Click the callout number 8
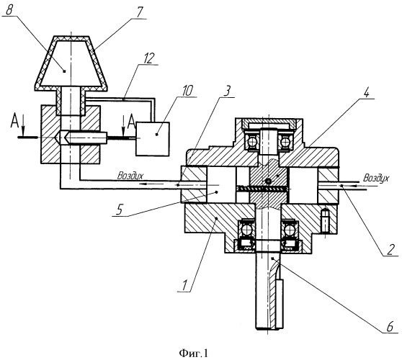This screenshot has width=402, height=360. click(x=9, y=10)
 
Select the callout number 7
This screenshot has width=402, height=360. click(x=139, y=12)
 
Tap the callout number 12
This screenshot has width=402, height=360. click(x=148, y=58)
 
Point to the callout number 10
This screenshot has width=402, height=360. click(x=188, y=91)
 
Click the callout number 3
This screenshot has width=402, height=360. click(x=227, y=91)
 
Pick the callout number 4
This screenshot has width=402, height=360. click(x=367, y=92)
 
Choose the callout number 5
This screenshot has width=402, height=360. click(x=119, y=211)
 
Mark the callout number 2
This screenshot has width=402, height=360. click(x=390, y=250)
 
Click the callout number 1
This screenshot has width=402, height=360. click(x=184, y=285)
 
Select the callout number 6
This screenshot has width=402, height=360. click(x=390, y=327)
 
